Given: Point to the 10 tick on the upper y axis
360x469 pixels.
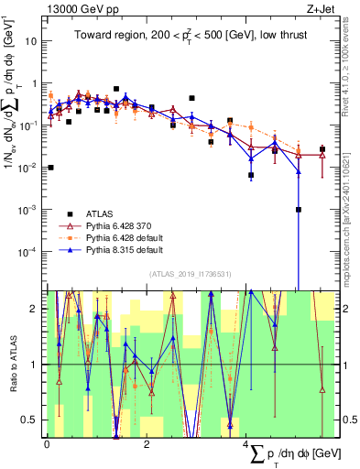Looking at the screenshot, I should pyautogui.click(x=34, y=41).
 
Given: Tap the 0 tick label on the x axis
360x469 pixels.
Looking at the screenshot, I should pyautogui.click(x=47, y=443).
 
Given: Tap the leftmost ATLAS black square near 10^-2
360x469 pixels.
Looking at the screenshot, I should pyautogui.click(x=50, y=168).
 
